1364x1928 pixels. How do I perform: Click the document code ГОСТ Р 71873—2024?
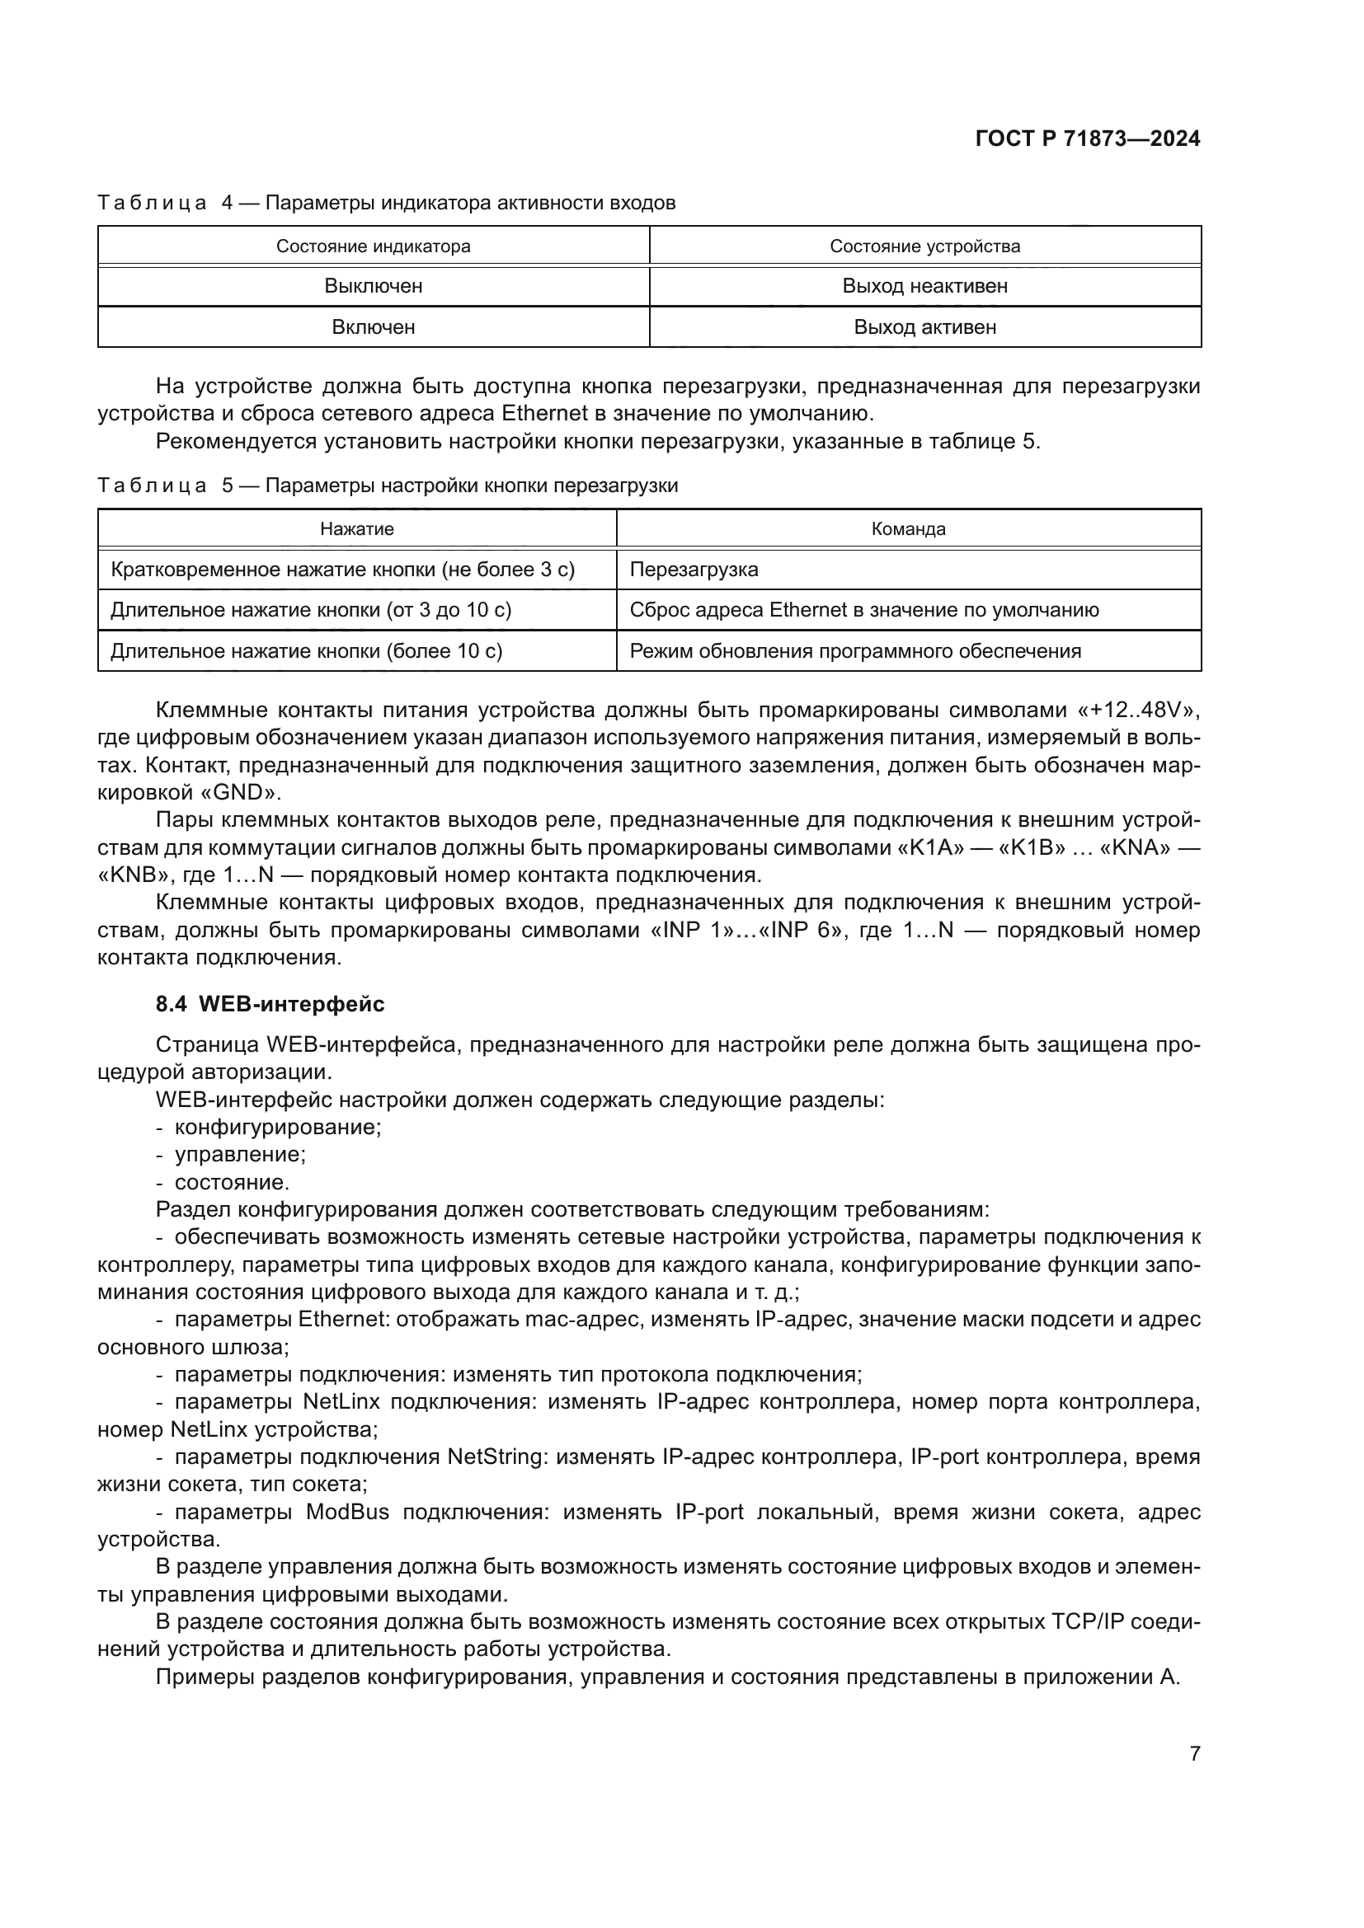(1088, 139)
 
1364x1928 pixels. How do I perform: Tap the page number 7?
(1194, 1753)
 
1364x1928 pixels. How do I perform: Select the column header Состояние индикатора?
(373, 246)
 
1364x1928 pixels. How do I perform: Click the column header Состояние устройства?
(924, 246)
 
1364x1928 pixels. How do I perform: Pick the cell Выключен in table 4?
(373, 286)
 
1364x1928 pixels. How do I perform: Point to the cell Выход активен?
(924, 327)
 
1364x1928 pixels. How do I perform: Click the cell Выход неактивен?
(924, 286)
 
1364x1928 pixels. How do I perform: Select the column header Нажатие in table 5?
(357, 529)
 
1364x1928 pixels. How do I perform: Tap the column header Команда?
(908, 529)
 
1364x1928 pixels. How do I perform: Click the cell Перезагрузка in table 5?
(694, 570)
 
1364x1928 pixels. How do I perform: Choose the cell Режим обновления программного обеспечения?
(855, 651)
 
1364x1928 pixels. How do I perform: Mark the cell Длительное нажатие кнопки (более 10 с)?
(307, 651)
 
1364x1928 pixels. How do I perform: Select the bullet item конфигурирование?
(277, 1127)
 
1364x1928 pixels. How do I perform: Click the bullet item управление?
(239, 1154)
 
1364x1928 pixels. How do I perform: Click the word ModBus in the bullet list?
(347, 1512)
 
